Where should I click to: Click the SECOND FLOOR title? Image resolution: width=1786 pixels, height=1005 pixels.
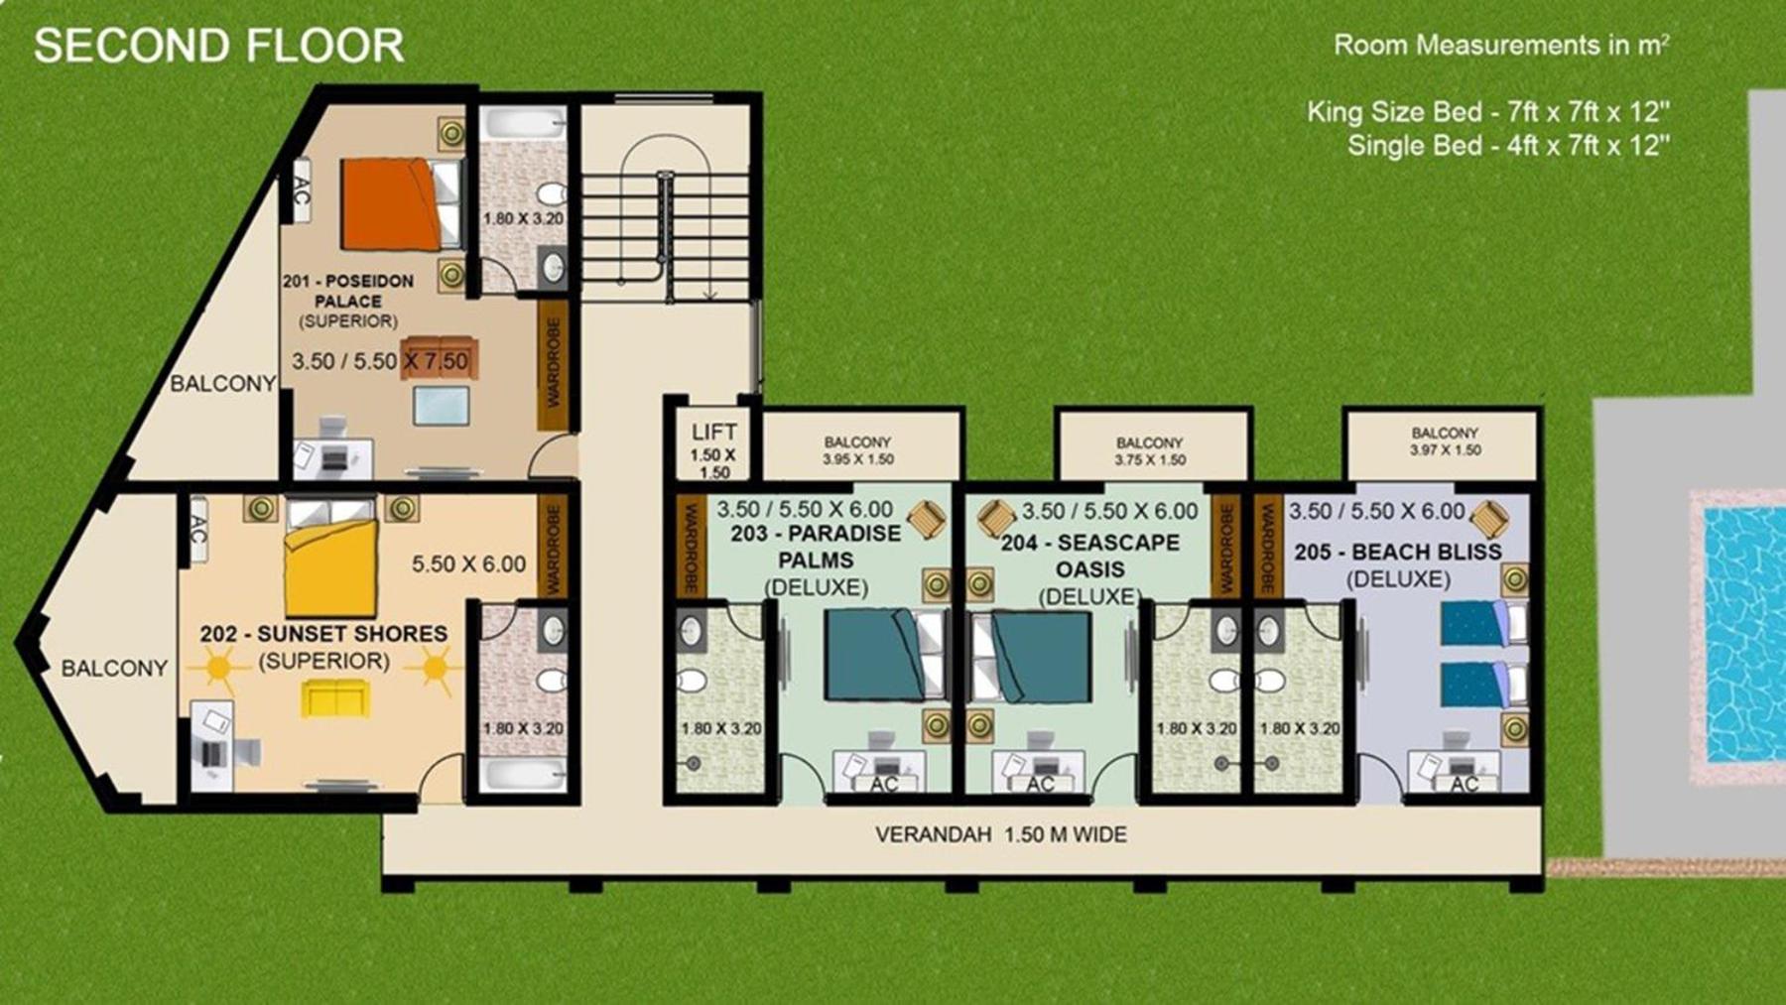click(219, 46)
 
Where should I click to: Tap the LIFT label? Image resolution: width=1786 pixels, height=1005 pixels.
click(714, 432)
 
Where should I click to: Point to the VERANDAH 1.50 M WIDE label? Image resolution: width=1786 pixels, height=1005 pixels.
click(1001, 835)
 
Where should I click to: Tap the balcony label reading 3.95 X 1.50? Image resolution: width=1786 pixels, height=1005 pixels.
click(858, 459)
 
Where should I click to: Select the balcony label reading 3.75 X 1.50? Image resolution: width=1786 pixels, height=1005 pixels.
click(1150, 459)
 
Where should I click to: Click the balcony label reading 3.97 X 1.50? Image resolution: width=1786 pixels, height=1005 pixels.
click(1446, 449)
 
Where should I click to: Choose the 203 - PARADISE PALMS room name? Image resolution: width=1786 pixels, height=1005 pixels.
click(817, 547)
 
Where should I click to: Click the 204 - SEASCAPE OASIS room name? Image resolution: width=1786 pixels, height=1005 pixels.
click(1090, 556)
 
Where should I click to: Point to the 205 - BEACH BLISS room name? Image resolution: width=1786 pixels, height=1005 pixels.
click(1398, 552)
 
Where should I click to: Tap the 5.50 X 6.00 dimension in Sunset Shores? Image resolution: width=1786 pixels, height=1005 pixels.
click(469, 565)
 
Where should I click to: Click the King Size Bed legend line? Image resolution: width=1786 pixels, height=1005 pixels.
click(1488, 111)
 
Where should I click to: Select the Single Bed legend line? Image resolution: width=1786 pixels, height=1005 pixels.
click(1509, 146)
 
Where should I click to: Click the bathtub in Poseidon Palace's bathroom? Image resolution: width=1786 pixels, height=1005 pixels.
click(523, 124)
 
